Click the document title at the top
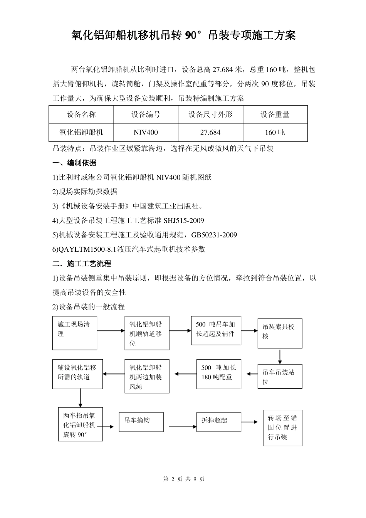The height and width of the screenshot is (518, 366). [x=183, y=36]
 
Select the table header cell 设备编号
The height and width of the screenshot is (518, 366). [x=146, y=114]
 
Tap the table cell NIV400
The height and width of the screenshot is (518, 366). [x=146, y=133]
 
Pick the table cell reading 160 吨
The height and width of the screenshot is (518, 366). [x=275, y=133]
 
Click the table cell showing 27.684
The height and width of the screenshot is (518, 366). [x=210, y=133]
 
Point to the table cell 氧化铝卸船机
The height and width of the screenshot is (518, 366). [x=81, y=133]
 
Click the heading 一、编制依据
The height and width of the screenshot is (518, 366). [x=74, y=163]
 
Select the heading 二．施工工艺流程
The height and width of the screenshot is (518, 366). [x=82, y=264]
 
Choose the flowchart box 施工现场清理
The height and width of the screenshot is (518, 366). [x=74, y=333]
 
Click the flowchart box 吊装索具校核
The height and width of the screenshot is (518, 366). [x=280, y=333]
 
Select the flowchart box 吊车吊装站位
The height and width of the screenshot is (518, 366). [x=280, y=377]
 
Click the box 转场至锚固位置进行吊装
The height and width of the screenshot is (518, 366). [x=282, y=428]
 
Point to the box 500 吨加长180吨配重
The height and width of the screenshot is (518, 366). [x=218, y=373]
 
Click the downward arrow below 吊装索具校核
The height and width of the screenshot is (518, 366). [x=280, y=356]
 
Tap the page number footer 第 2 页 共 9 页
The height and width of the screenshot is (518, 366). [x=184, y=479]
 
